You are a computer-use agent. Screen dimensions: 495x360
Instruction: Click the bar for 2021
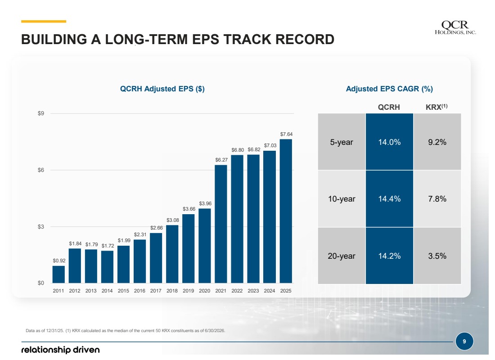coord(220,224)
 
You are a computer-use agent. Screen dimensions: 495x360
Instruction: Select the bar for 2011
coord(58,274)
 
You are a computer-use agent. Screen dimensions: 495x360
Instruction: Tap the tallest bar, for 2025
coord(286,211)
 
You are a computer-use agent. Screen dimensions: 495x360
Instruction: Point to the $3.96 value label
coord(205,203)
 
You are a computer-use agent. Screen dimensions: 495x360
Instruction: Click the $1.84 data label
coord(75,243)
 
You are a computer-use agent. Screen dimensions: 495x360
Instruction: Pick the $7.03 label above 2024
coord(270,145)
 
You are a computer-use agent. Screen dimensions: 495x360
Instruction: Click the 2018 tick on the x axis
coord(172,291)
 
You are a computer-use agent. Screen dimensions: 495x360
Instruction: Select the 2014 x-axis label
coord(107,291)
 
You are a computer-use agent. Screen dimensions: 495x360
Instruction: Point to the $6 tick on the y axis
coord(41,170)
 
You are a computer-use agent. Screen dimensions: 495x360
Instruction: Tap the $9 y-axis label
coord(41,113)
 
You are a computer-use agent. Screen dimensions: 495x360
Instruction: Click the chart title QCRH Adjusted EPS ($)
coord(162,89)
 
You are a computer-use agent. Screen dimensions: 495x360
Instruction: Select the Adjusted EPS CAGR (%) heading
coord(389,89)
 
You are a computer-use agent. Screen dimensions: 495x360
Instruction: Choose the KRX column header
coord(436,107)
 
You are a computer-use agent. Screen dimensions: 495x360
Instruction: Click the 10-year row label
coord(342,198)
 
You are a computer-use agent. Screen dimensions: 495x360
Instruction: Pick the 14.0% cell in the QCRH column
coord(389,142)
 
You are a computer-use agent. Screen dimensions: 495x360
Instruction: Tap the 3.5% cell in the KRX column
coord(437,256)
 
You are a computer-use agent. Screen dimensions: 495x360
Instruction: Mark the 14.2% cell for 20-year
coord(389,256)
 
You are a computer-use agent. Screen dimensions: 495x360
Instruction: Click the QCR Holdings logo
coord(455,27)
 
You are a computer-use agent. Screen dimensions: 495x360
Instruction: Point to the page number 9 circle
coord(464,342)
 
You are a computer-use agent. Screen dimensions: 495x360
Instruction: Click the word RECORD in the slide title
coord(305,40)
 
